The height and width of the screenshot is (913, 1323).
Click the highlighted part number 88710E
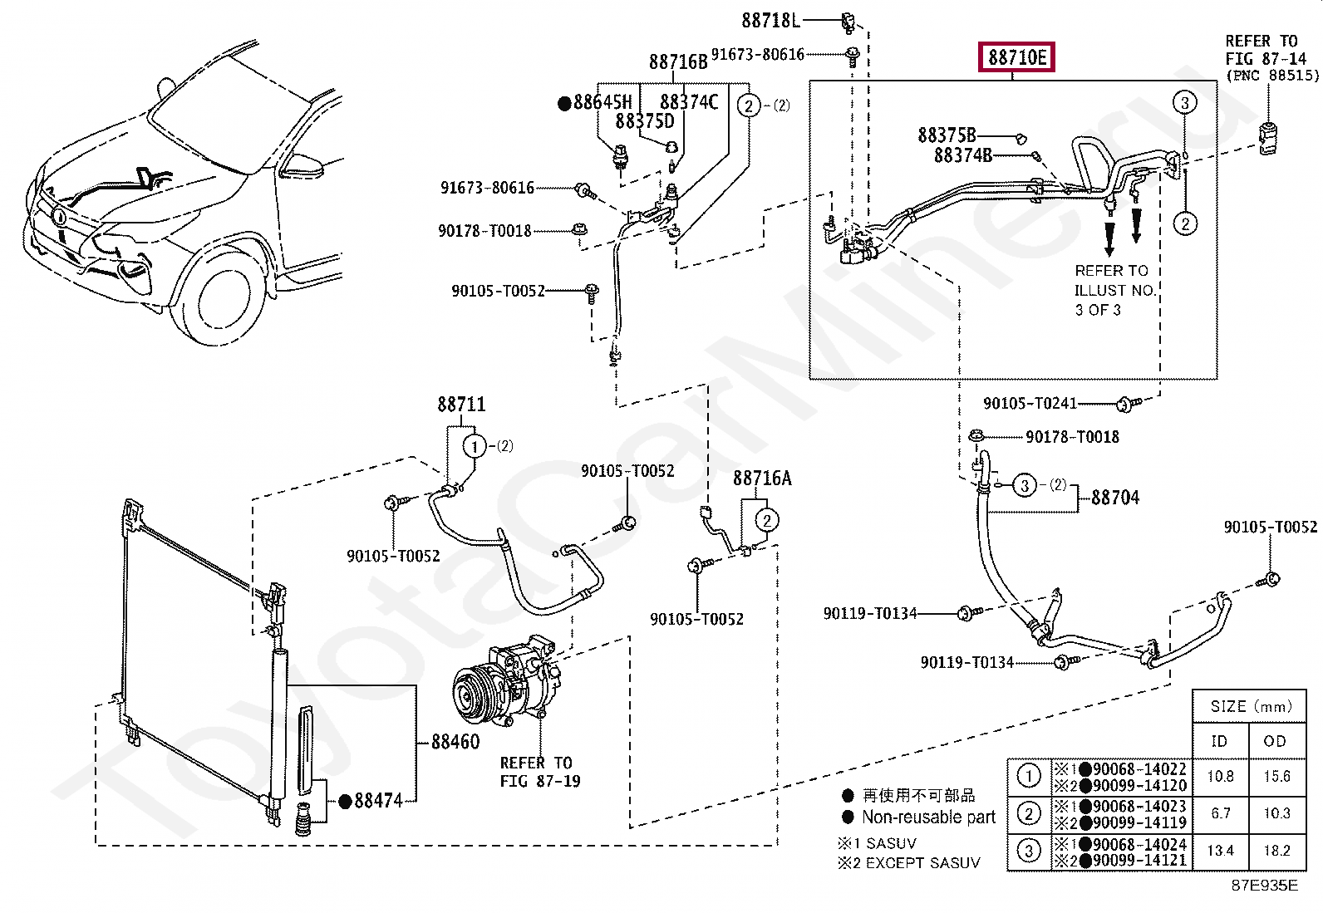(1016, 57)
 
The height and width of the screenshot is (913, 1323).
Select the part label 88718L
(770, 21)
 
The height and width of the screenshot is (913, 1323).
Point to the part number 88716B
(677, 62)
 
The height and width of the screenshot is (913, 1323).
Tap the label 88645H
(602, 102)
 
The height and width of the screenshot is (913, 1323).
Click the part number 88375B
(947, 135)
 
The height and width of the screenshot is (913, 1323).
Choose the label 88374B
(962, 155)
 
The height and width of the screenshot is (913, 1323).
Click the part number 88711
(461, 405)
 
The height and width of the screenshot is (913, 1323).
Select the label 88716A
(762, 478)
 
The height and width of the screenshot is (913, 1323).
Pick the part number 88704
(1115, 498)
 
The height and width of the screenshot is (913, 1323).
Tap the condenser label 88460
(455, 742)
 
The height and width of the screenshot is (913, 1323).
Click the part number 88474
(378, 801)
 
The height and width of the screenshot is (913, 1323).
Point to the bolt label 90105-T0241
(1030, 404)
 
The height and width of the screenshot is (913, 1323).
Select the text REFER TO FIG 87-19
(540, 772)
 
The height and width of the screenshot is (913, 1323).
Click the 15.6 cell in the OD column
(1276, 776)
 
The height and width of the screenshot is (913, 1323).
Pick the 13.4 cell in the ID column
(1220, 851)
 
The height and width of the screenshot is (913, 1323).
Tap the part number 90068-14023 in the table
(1139, 806)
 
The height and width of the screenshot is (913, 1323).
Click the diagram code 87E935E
(1265, 886)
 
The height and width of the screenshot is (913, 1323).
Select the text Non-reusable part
(928, 817)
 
